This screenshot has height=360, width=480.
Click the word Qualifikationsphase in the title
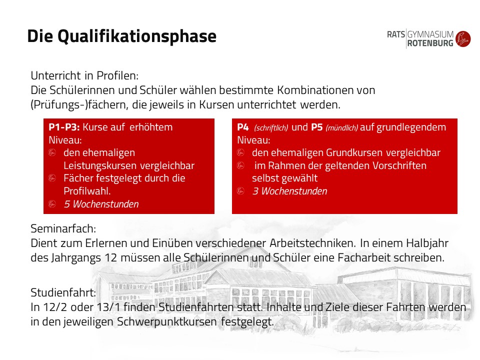(137, 36)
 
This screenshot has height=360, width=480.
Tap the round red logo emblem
(463, 39)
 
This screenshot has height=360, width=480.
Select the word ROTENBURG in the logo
(430, 43)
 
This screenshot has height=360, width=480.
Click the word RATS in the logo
(396, 34)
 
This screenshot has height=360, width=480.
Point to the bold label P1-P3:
(64, 127)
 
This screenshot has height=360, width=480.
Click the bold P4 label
(243, 127)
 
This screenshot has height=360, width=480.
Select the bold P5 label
(317, 127)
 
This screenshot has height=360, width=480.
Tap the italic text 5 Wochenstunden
(101, 204)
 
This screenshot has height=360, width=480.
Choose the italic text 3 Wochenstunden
(289, 191)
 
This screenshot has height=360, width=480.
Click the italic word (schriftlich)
(271, 127)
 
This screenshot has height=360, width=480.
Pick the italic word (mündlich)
(341, 127)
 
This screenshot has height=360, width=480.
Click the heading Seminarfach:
(63, 228)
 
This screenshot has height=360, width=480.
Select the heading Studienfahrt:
(63, 292)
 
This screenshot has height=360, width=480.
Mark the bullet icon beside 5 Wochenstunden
(52, 203)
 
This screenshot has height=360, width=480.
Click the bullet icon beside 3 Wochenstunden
(240, 190)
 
